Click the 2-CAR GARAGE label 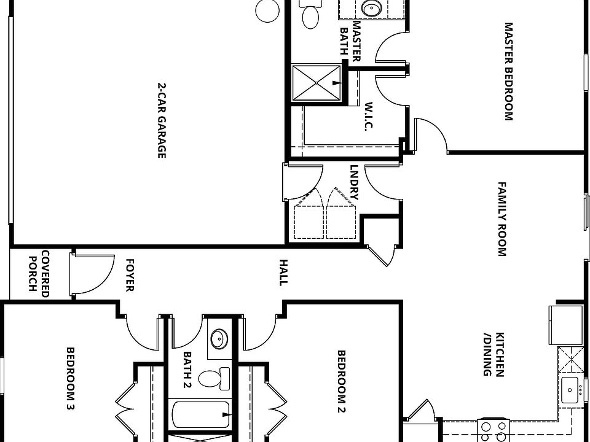click(162, 121)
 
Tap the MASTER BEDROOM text click(508, 72)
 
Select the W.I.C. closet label click(369, 116)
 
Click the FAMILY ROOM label click(502, 219)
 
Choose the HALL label click(283, 272)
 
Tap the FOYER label click(130, 275)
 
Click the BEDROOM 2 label click(342, 381)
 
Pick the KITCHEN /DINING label click(494, 354)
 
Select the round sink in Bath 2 click(218, 338)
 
